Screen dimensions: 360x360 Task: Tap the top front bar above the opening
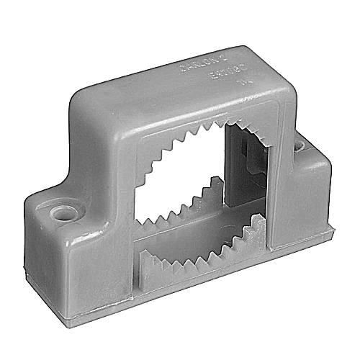194,112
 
